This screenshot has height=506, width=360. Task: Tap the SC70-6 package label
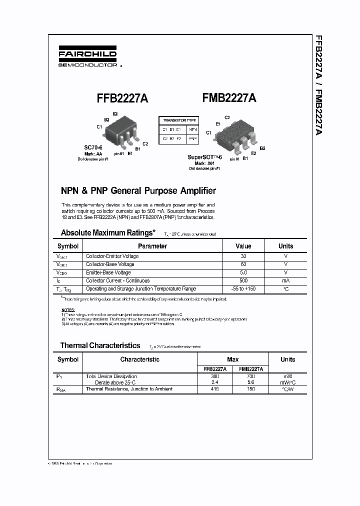coord(93,147)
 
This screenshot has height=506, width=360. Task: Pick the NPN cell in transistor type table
coord(192,129)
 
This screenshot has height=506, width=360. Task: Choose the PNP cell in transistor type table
coord(192,138)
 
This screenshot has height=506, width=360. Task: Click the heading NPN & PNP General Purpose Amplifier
coord(138,190)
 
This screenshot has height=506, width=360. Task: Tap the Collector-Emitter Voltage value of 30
coord(243,256)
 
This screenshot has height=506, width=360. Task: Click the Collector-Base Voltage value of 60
coord(243,264)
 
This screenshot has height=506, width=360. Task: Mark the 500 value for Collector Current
coord(243,280)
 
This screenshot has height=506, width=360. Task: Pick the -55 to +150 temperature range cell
coord(243,289)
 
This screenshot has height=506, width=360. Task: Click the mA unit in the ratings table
coord(285,280)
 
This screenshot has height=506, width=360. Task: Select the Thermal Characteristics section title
coord(100,345)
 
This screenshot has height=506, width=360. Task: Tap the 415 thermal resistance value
coord(215,389)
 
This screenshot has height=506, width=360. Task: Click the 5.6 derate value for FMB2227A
coord(251,382)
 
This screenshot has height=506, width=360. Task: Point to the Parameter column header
coord(152,246)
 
